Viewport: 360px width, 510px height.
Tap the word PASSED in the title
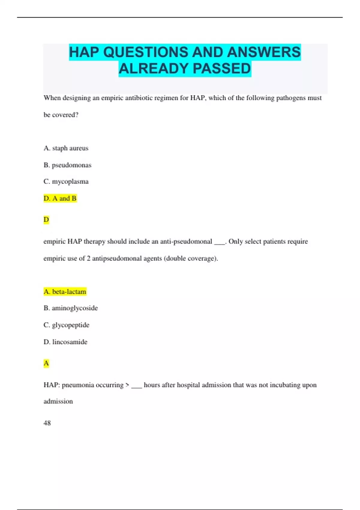tap(222, 69)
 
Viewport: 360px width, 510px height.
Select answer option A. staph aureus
tap(66, 148)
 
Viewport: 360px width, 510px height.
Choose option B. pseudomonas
tap(67, 165)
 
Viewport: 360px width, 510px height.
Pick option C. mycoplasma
tap(66, 181)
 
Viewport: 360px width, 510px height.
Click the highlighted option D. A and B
tap(60, 198)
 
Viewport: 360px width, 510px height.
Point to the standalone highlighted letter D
tap(46, 220)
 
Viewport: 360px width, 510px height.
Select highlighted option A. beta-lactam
tap(65, 292)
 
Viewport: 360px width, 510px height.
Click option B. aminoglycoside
tap(70, 308)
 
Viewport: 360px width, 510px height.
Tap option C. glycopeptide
tap(66, 325)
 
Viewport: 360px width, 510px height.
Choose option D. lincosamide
tap(65, 342)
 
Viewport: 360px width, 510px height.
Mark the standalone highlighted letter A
tap(46, 363)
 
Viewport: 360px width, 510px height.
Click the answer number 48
tap(47, 423)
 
